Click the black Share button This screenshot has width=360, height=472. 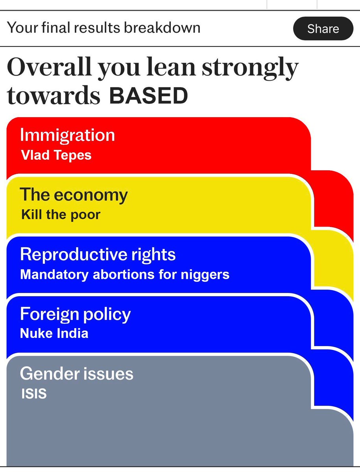tap(323, 28)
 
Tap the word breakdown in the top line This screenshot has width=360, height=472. tap(162, 28)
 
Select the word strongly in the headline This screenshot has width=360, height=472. tap(250, 69)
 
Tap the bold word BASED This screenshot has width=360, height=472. tap(149, 96)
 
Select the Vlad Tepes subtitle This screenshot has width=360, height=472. tap(56, 155)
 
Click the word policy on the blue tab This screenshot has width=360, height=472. tap(107, 315)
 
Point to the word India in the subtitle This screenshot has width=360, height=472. tap(72, 334)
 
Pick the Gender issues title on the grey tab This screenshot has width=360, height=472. tap(77, 374)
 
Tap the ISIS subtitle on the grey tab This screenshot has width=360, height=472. tap(34, 393)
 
